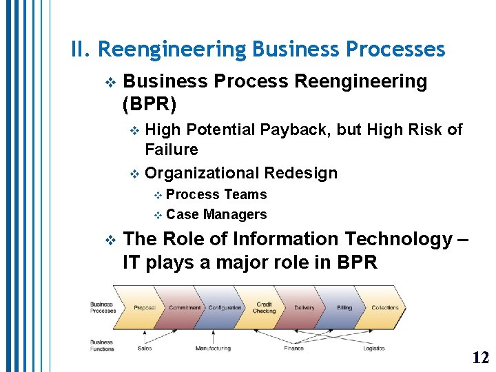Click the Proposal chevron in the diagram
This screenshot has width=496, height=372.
coord(145,308)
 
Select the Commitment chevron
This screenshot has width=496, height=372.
coord(185,308)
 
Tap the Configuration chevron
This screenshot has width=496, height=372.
coord(225,308)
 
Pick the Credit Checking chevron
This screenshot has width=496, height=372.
coord(265,308)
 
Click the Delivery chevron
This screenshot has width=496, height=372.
coord(304,308)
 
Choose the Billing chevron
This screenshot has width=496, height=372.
coord(344,308)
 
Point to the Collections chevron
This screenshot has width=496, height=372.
coord(385,308)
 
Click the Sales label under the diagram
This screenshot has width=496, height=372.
coord(145,349)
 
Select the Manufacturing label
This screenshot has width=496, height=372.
coord(213,349)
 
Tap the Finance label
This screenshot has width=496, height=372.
coord(293,349)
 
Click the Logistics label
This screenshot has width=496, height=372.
coord(374,349)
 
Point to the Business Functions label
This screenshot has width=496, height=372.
coord(101,345)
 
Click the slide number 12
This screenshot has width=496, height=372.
coord(481,357)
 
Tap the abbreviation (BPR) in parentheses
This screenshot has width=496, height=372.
coord(149,105)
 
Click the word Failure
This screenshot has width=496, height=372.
coord(171,149)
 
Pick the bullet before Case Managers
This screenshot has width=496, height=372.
coord(158,215)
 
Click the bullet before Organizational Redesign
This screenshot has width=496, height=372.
coord(134,173)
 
